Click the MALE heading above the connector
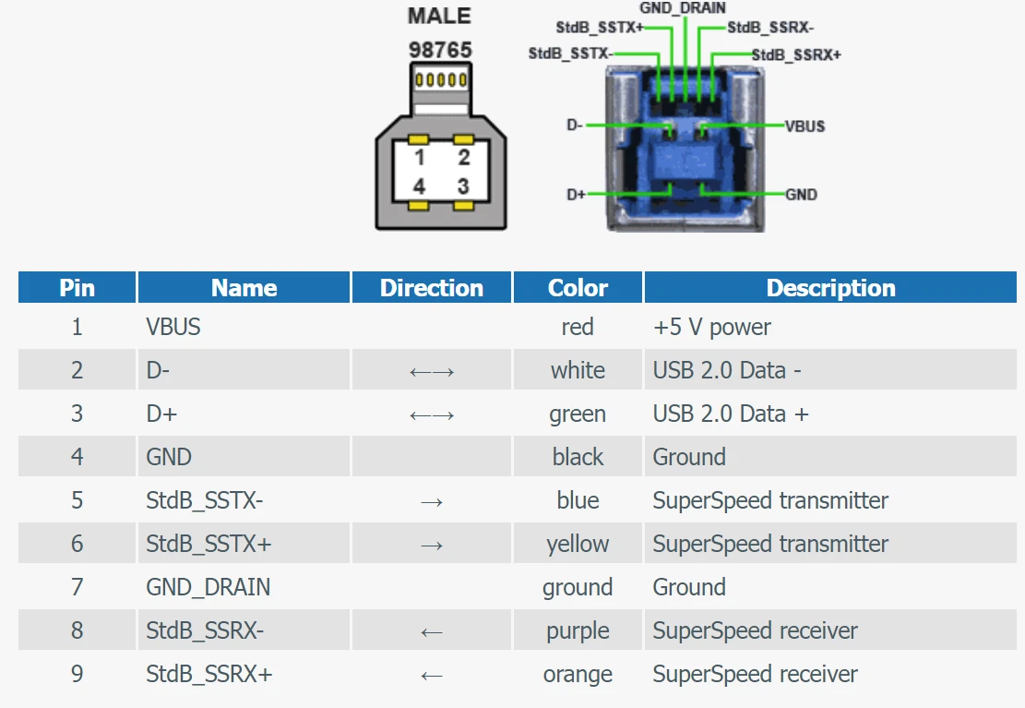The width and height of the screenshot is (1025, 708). pos(439,16)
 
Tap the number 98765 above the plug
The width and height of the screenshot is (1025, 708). pos(440,50)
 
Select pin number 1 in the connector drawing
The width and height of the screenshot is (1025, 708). pos(420,157)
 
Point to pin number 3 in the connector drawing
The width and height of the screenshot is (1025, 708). pos(463,186)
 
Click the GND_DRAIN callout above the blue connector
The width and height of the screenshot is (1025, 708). pos(683,8)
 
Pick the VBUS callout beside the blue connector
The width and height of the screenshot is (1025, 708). pos(805,126)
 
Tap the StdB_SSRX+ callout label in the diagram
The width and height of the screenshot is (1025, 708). pos(796,54)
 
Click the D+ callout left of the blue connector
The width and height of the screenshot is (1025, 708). pos(576,195)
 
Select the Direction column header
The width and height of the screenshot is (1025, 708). pos(432,288)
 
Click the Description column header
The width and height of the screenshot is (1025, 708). pos(831,288)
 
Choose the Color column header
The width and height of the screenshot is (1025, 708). pos(578,288)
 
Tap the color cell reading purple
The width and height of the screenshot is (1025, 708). pos(578,630)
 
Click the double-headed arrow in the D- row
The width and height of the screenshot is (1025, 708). pos(432,372)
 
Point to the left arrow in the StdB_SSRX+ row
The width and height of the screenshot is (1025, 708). pos(432,676)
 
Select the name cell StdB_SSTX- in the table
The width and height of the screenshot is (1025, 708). pos(205,500)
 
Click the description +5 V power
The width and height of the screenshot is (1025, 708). pos(712,327)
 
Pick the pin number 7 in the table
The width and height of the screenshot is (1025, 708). pos(77,587)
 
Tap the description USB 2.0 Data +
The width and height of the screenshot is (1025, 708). pos(731,414)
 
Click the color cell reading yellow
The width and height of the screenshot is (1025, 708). pos(578,545)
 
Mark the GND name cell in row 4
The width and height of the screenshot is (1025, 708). pos(169,457)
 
